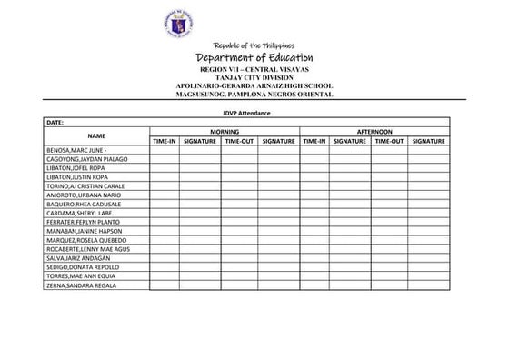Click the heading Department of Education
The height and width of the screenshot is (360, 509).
[x=254, y=58]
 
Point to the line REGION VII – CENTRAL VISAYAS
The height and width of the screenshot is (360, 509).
[x=254, y=70]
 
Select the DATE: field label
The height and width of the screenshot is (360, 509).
[x=54, y=122]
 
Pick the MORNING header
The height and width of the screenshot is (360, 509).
[x=224, y=132]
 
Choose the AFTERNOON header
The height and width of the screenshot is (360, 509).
[x=374, y=132]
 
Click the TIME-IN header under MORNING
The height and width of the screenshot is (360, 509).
[x=164, y=141]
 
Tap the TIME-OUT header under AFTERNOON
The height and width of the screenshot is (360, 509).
[x=389, y=141]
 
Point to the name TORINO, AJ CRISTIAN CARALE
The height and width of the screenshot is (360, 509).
[x=91, y=186]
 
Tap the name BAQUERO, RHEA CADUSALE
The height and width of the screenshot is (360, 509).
[x=84, y=204]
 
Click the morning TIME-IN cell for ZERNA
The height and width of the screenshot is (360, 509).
[x=164, y=285]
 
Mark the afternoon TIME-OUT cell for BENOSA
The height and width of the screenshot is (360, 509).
[x=389, y=150]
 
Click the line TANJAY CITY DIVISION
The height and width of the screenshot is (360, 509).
[x=254, y=77]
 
